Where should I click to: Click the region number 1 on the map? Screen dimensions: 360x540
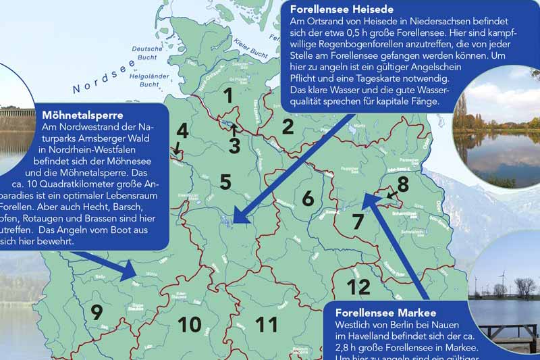click(229, 97)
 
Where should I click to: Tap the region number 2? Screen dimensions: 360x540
click(288, 126)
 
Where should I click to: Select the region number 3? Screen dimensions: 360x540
click(234, 145)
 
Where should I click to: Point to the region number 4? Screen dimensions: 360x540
click(182, 130)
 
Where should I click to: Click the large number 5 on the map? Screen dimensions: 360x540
click(225, 182)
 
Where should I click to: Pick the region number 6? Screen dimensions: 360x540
click(308, 199)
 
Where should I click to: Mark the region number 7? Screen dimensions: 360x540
click(358, 221)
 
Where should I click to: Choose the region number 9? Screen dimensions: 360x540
click(97, 312)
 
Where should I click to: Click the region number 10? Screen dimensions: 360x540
click(189, 325)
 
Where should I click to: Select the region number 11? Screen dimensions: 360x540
click(267, 325)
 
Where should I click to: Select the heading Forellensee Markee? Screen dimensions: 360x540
click(385, 313)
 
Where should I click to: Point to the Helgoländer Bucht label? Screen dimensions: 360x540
click(147, 80)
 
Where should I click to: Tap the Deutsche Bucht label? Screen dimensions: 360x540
click(142, 53)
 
